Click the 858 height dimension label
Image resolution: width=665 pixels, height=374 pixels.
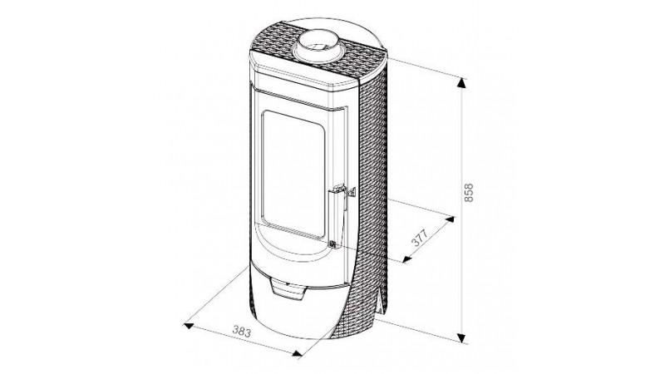point(468,193)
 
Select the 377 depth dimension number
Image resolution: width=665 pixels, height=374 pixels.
point(421,238)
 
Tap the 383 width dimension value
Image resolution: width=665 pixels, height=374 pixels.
point(242,331)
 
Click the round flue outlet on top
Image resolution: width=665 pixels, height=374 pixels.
point(319,46)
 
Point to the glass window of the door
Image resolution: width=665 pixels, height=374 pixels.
point(293,173)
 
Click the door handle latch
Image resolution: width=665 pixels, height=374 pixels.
point(340,193)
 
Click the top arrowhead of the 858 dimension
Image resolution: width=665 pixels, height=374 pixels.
point(461,83)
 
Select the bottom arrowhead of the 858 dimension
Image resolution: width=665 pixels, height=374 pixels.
point(461,338)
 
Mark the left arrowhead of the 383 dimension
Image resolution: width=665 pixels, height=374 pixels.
point(189,326)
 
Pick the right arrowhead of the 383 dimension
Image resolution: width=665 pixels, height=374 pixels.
point(297,352)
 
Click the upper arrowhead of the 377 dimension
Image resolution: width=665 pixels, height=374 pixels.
point(450,219)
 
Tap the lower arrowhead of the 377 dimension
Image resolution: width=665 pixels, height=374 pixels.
point(407,258)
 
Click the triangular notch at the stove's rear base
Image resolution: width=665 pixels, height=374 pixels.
point(378,302)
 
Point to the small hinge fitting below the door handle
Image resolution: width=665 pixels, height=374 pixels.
point(333,244)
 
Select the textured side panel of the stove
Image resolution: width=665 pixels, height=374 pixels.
point(372,191)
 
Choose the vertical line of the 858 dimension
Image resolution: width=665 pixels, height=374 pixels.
point(461,211)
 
